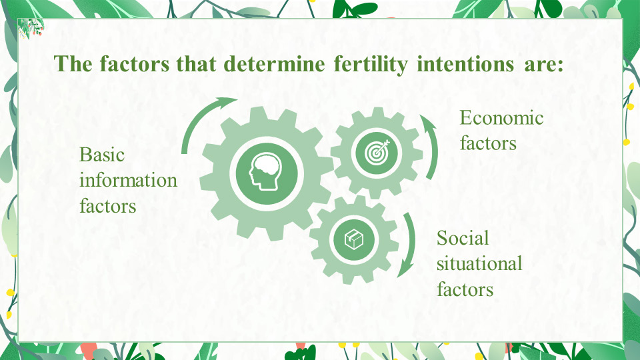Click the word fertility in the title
371,65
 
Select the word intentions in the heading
465,64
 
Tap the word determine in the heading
274,64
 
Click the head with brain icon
266,171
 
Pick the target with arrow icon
377,153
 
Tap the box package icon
354,239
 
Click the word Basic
101,155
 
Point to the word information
128,180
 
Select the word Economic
501,118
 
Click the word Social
463,238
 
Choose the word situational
479,264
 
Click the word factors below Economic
488,144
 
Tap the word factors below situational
465,289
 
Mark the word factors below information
108,206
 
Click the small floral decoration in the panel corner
31,28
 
